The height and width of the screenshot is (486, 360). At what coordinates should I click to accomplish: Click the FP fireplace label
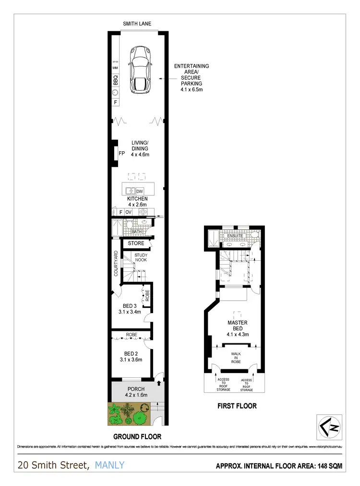pyautogui.click(x=121, y=154)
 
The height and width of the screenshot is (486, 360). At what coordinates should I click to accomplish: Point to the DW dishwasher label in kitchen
pyautogui.click(x=140, y=191)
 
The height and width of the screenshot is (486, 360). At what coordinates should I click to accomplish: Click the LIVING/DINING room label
pyautogui.click(x=141, y=148)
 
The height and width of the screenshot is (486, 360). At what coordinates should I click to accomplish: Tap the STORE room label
pyautogui.click(x=136, y=243)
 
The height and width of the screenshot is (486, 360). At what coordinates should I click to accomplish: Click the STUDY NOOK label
pyautogui.click(x=140, y=257)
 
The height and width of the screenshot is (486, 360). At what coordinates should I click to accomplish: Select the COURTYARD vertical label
pyautogui.click(x=116, y=263)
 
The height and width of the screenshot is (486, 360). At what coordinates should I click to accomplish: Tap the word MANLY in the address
pyautogui.click(x=110, y=465)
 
